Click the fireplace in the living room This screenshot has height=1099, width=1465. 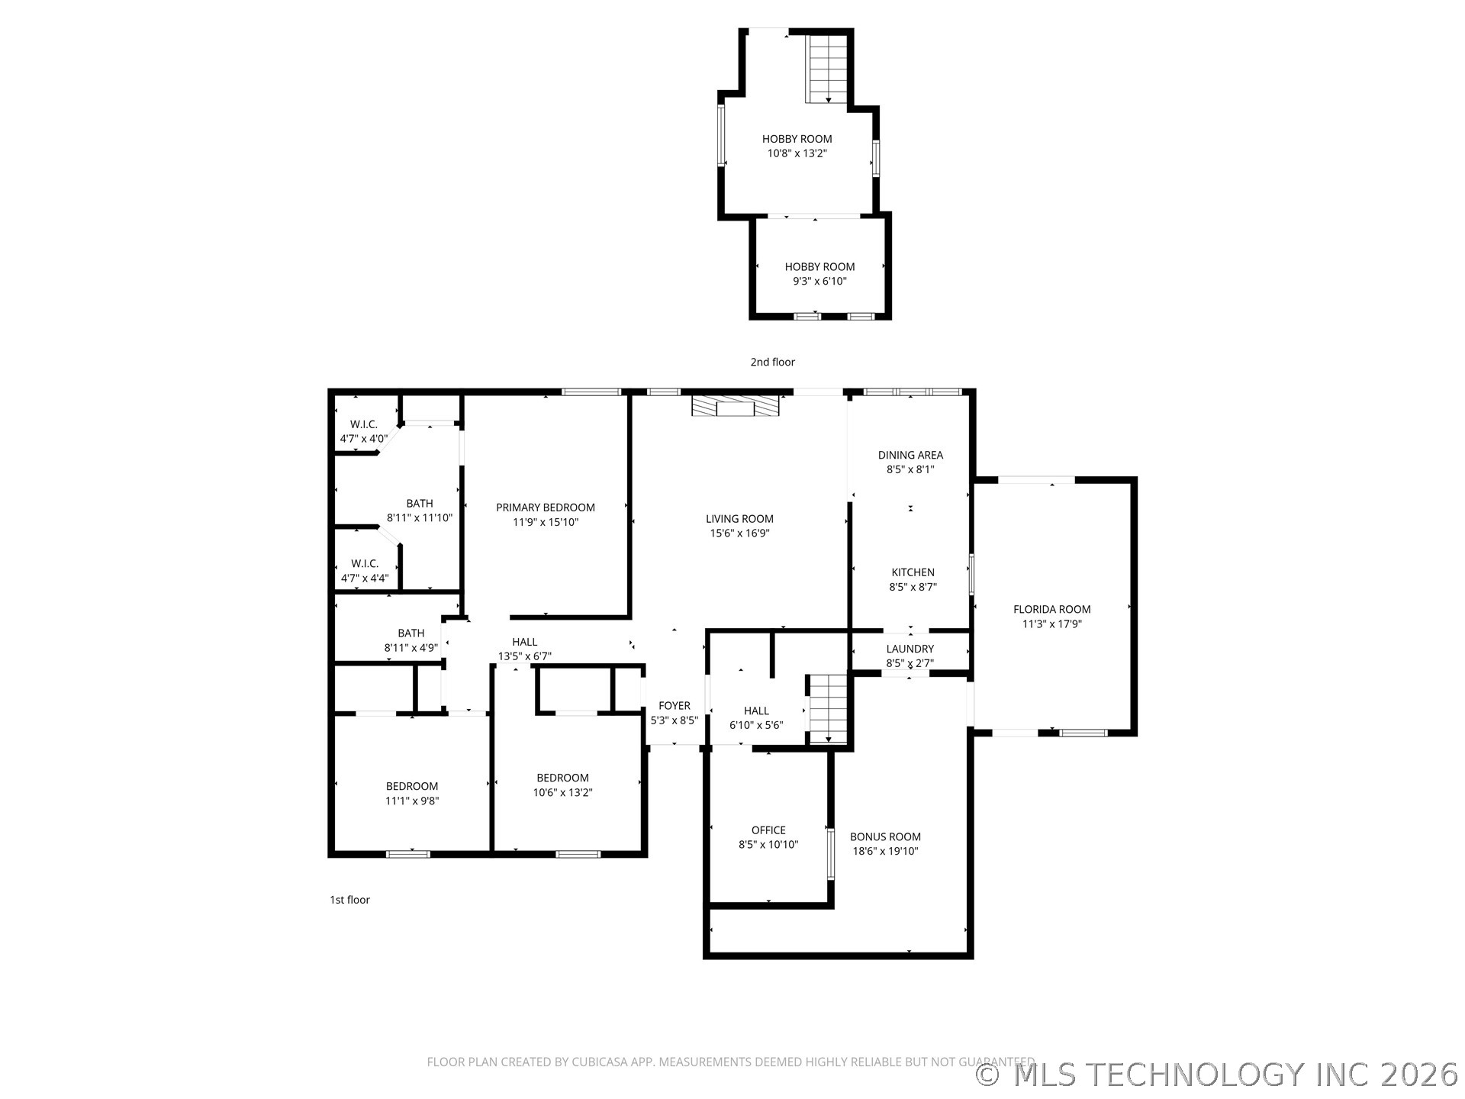tap(736, 405)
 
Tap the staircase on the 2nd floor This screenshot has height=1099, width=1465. tap(828, 68)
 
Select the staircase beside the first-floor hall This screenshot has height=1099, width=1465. tap(828, 708)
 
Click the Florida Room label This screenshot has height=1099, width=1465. tap(1051, 609)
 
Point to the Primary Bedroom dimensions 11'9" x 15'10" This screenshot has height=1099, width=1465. tap(546, 522)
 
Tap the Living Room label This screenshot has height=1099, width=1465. tap(739, 519)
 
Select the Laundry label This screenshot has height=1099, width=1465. tap(910, 649)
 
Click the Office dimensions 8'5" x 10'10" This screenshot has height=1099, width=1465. tap(768, 845)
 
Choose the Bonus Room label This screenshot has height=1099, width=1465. tap(885, 836)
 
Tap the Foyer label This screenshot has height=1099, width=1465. tap(674, 706)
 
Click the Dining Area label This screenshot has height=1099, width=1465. tap(910, 455)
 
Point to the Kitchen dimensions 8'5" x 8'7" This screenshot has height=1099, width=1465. tap(913, 587)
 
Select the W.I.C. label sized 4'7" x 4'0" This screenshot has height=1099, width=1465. tap(364, 424)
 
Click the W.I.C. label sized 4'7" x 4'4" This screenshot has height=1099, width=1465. tap(364, 563)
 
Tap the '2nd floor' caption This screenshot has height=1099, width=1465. tap(772, 362)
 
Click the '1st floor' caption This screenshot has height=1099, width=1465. tap(349, 900)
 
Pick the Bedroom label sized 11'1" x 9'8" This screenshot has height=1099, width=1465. tap(412, 786)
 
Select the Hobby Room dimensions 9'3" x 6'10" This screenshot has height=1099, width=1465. tap(819, 281)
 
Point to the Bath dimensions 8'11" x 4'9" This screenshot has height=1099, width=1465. tap(411, 648)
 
